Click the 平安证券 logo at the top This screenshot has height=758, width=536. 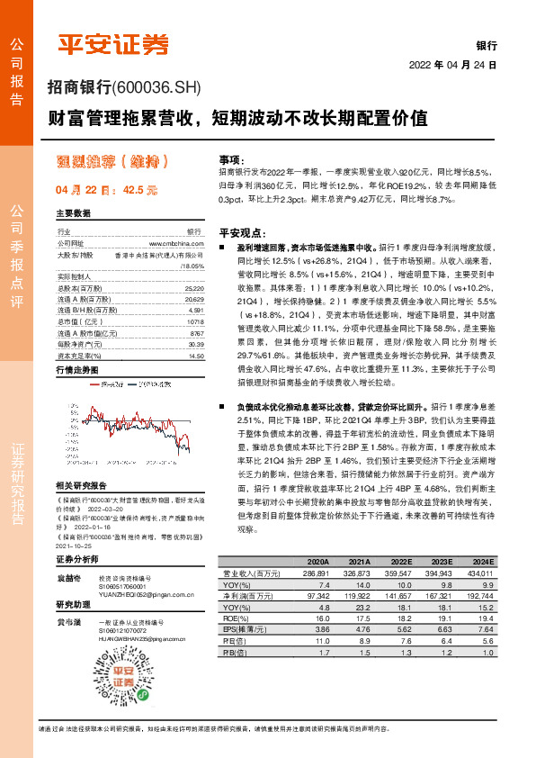[x=113, y=43]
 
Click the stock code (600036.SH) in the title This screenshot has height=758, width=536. [x=158, y=88]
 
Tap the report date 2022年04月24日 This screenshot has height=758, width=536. [x=453, y=65]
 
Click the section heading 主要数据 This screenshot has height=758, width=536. [x=73, y=213]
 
